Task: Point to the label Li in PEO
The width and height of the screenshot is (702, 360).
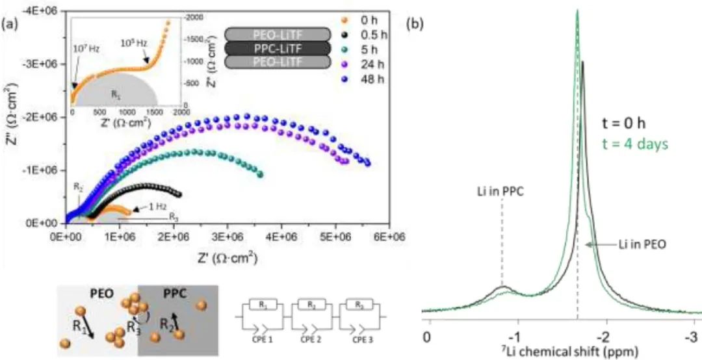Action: pos(626,244)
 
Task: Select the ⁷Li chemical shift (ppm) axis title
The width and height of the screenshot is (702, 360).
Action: pos(560,352)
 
